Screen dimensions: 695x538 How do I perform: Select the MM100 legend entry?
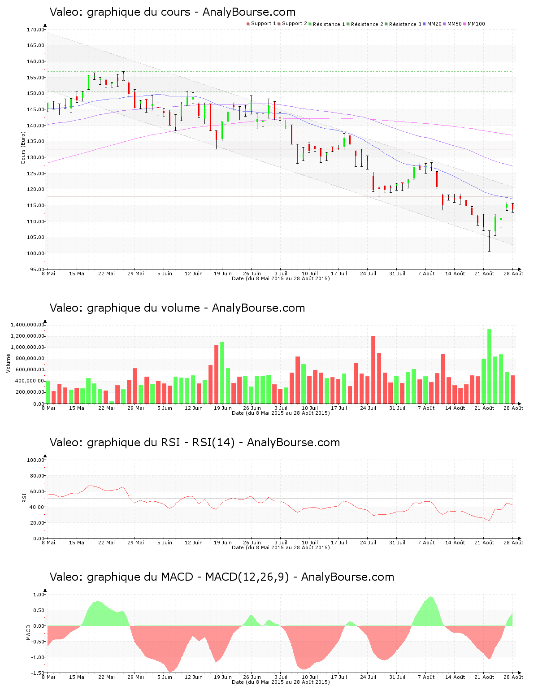point(476,24)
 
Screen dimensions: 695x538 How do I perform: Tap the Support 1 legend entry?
point(263,24)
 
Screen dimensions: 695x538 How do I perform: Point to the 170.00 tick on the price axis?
point(36,30)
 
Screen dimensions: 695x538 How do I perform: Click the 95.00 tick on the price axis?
point(37,269)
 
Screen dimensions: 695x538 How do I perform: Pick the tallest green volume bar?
point(489,366)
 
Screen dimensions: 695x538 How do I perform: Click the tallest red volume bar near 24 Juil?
point(373,370)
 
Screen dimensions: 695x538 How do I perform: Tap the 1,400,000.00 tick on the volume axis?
point(27,325)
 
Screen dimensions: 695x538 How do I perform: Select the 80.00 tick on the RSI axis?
point(36,476)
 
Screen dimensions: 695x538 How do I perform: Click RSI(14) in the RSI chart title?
point(213,443)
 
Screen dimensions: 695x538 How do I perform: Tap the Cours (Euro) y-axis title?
point(23,148)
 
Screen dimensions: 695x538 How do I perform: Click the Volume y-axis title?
point(8,363)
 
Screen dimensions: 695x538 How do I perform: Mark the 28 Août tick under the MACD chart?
point(513,677)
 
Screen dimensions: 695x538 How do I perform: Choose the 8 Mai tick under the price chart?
point(48,274)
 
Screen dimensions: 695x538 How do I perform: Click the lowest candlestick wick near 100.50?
point(489,250)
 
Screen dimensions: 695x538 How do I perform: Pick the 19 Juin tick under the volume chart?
point(223,408)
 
